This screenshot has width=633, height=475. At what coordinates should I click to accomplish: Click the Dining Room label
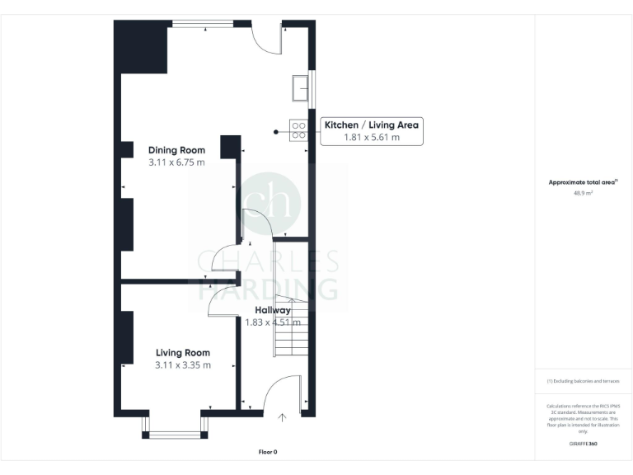point(176,150)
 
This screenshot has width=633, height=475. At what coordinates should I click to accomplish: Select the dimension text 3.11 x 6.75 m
point(176,163)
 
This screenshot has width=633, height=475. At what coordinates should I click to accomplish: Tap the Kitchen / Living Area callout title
point(372,125)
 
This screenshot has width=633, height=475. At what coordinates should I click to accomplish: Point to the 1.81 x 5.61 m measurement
point(372,138)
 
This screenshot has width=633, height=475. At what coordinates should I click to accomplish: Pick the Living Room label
point(183,352)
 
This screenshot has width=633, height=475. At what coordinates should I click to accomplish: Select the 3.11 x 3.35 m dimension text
point(183,365)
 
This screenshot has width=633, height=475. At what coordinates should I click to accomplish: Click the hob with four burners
point(298,130)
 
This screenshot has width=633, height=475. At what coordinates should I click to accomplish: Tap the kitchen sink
point(298,87)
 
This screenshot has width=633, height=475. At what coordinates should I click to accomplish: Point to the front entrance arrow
point(282,418)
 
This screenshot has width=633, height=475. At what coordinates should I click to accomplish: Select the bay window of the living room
point(174,430)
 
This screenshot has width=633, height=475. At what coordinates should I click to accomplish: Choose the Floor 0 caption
point(268,452)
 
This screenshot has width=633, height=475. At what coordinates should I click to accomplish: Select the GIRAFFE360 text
point(583,444)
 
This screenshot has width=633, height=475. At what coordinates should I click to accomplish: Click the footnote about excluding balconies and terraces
point(583,381)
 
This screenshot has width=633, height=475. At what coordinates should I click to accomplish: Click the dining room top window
point(201,25)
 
